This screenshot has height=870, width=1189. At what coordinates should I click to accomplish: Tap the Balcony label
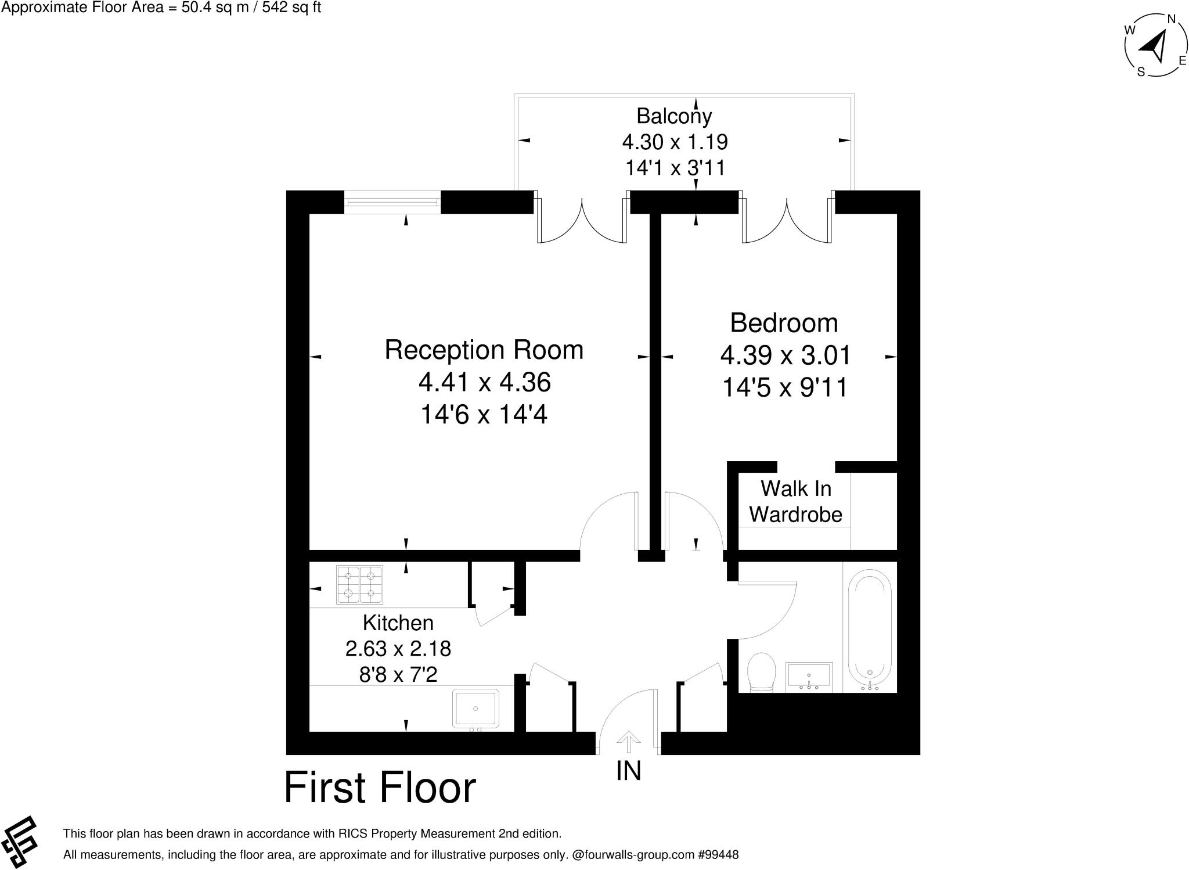coord(674,116)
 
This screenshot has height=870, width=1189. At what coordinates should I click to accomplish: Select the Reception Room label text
coord(484,350)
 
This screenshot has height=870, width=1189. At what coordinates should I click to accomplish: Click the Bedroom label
coord(784,323)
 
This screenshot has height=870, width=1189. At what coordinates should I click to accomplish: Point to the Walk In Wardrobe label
coord(795,501)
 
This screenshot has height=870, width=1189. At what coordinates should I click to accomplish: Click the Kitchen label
coord(398,623)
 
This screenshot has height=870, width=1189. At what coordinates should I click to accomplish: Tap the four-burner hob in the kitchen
coord(359,584)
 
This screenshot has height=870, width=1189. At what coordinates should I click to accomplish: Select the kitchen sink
coord(475,709)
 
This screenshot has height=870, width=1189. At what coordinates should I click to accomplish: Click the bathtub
coord(870,630)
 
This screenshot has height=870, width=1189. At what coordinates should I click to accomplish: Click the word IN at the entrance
coord(628,771)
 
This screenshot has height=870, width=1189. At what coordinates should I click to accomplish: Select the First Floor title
coord(380,788)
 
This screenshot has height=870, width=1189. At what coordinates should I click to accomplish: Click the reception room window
coord(392,202)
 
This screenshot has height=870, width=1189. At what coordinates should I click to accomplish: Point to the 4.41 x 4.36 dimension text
coord(484,382)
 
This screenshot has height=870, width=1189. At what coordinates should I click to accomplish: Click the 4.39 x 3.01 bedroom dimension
coord(785,355)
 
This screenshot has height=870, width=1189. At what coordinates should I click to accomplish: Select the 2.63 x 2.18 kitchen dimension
coord(398,648)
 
